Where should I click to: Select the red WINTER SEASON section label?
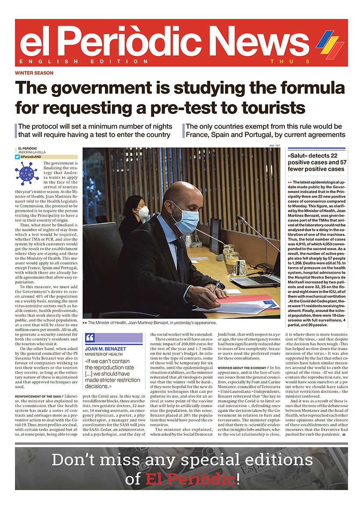[x=34, y=73]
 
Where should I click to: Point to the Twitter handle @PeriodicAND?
[x=35, y=157]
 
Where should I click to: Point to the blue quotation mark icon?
[x=90, y=337]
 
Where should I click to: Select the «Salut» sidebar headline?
[x=316, y=162]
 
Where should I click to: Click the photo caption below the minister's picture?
[x=151, y=322]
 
